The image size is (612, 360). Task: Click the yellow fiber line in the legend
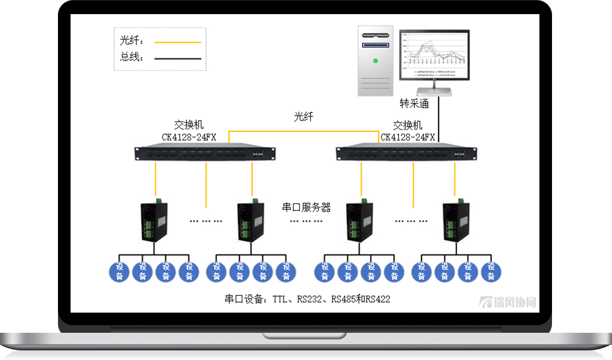177,42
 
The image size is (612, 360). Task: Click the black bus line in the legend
177,58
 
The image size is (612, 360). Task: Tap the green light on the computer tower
375,61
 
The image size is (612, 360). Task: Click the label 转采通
414,104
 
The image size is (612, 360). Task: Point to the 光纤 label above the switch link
303,117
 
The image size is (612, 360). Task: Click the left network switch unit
205,152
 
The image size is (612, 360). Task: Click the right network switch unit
406,152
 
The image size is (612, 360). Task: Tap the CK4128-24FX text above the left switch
189,137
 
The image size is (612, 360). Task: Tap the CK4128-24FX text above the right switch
407,137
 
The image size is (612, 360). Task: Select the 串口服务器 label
306,207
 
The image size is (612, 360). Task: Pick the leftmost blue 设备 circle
119,272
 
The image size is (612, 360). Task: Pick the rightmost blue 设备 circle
491,272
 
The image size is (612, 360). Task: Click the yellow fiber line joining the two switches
303,131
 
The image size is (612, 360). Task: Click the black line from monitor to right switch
439,118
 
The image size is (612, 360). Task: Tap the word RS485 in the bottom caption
343,299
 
